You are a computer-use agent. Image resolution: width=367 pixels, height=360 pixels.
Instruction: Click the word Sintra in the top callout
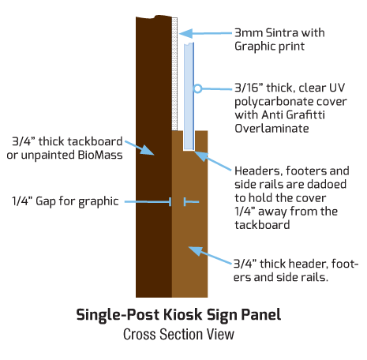[x=282, y=33]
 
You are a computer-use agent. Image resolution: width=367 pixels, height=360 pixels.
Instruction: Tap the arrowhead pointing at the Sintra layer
[x=185, y=34]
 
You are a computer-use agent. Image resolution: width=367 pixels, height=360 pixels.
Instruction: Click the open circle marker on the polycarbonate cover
[x=197, y=88]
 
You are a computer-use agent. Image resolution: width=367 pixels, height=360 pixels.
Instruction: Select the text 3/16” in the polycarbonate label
[x=249, y=88]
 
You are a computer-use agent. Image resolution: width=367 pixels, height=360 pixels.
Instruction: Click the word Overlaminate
[x=272, y=129]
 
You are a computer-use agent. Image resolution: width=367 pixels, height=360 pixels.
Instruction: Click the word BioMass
[x=100, y=155]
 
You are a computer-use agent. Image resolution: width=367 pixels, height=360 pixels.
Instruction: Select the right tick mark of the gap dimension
[x=185, y=202]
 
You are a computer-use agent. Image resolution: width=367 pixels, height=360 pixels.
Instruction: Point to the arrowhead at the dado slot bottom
[x=200, y=156]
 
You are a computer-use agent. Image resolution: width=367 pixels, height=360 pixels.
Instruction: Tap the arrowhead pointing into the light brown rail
[x=196, y=251]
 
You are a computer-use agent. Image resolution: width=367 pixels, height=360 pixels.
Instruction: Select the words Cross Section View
[x=178, y=334]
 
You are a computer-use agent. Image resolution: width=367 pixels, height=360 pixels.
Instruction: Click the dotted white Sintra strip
[x=174, y=74]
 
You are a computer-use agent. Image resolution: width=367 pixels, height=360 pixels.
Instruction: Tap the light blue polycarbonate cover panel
[x=189, y=96]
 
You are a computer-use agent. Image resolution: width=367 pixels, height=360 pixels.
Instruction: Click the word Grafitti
[x=305, y=114]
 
